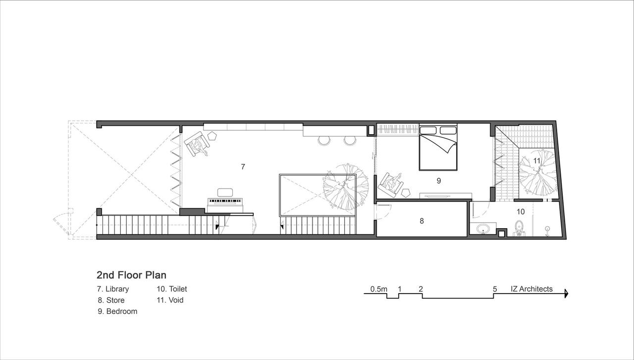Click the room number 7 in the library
tap(243, 167)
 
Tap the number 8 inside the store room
tap(422, 221)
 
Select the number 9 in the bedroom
tap(439, 181)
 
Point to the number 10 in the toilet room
tap(521, 211)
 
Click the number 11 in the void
tap(537, 161)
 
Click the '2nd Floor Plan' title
tap(132, 275)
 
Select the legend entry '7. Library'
tap(113, 289)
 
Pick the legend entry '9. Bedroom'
tap(117, 311)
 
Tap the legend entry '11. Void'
tap(170, 300)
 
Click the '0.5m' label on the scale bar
tap(379, 289)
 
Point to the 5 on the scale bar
tap(495, 289)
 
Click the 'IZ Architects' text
tap(531, 289)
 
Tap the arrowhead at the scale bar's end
tap(566, 294)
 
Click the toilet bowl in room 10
tap(519, 228)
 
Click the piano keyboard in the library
tap(225, 201)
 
